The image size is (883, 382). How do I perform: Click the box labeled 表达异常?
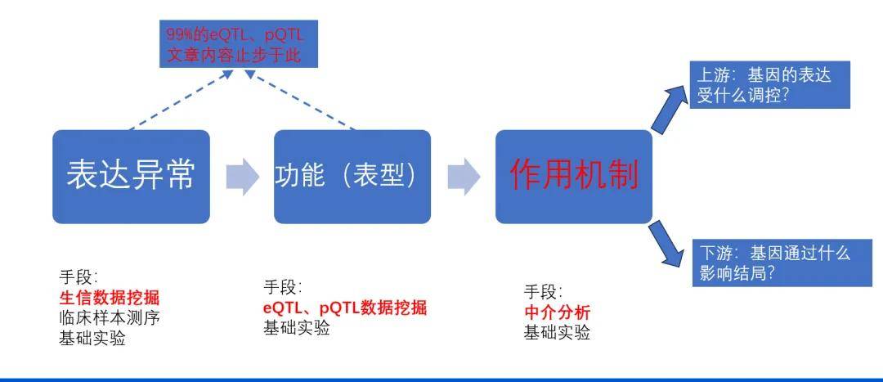(x=131, y=177)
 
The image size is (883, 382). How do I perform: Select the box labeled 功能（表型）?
(x=352, y=177)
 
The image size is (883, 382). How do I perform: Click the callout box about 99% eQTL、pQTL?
(x=237, y=46)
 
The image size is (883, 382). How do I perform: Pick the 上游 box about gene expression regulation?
(x=770, y=85)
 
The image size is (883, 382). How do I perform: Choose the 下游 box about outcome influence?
(x=770, y=263)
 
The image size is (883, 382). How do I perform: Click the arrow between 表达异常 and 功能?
(x=242, y=177)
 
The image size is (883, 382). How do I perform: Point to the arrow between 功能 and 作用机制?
(x=464, y=177)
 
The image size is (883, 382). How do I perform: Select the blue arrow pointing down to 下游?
(x=668, y=245)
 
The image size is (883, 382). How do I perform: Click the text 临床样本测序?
(x=109, y=317)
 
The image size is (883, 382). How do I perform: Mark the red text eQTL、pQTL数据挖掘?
(x=344, y=308)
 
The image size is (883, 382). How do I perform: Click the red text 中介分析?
(x=557, y=312)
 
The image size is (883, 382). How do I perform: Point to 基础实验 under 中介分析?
(x=557, y=333)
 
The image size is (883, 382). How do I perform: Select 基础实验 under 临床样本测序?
(x=92, y=338)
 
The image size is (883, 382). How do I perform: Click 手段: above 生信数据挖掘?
(x=78, y=276)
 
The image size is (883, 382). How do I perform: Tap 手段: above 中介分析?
(x=543, y=292)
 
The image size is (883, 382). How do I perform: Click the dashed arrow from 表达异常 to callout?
(x=180, y=101)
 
